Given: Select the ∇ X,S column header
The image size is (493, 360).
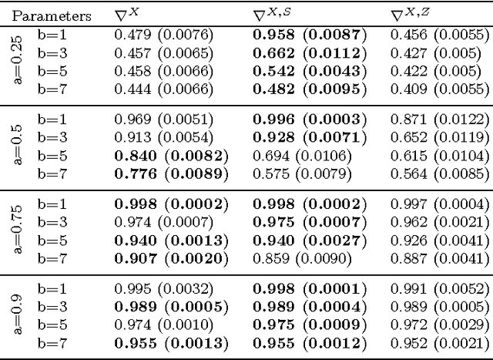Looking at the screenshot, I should click(x=274, y=15).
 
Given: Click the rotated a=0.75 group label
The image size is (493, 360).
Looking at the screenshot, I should click(x=18, y=230).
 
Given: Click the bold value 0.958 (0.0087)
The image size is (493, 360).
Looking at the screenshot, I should click(x=309, y=34).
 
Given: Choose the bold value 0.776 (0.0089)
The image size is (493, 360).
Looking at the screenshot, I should click(x=171, y=174).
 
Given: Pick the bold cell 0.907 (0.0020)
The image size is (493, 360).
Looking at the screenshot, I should click(x=171, y=258).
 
